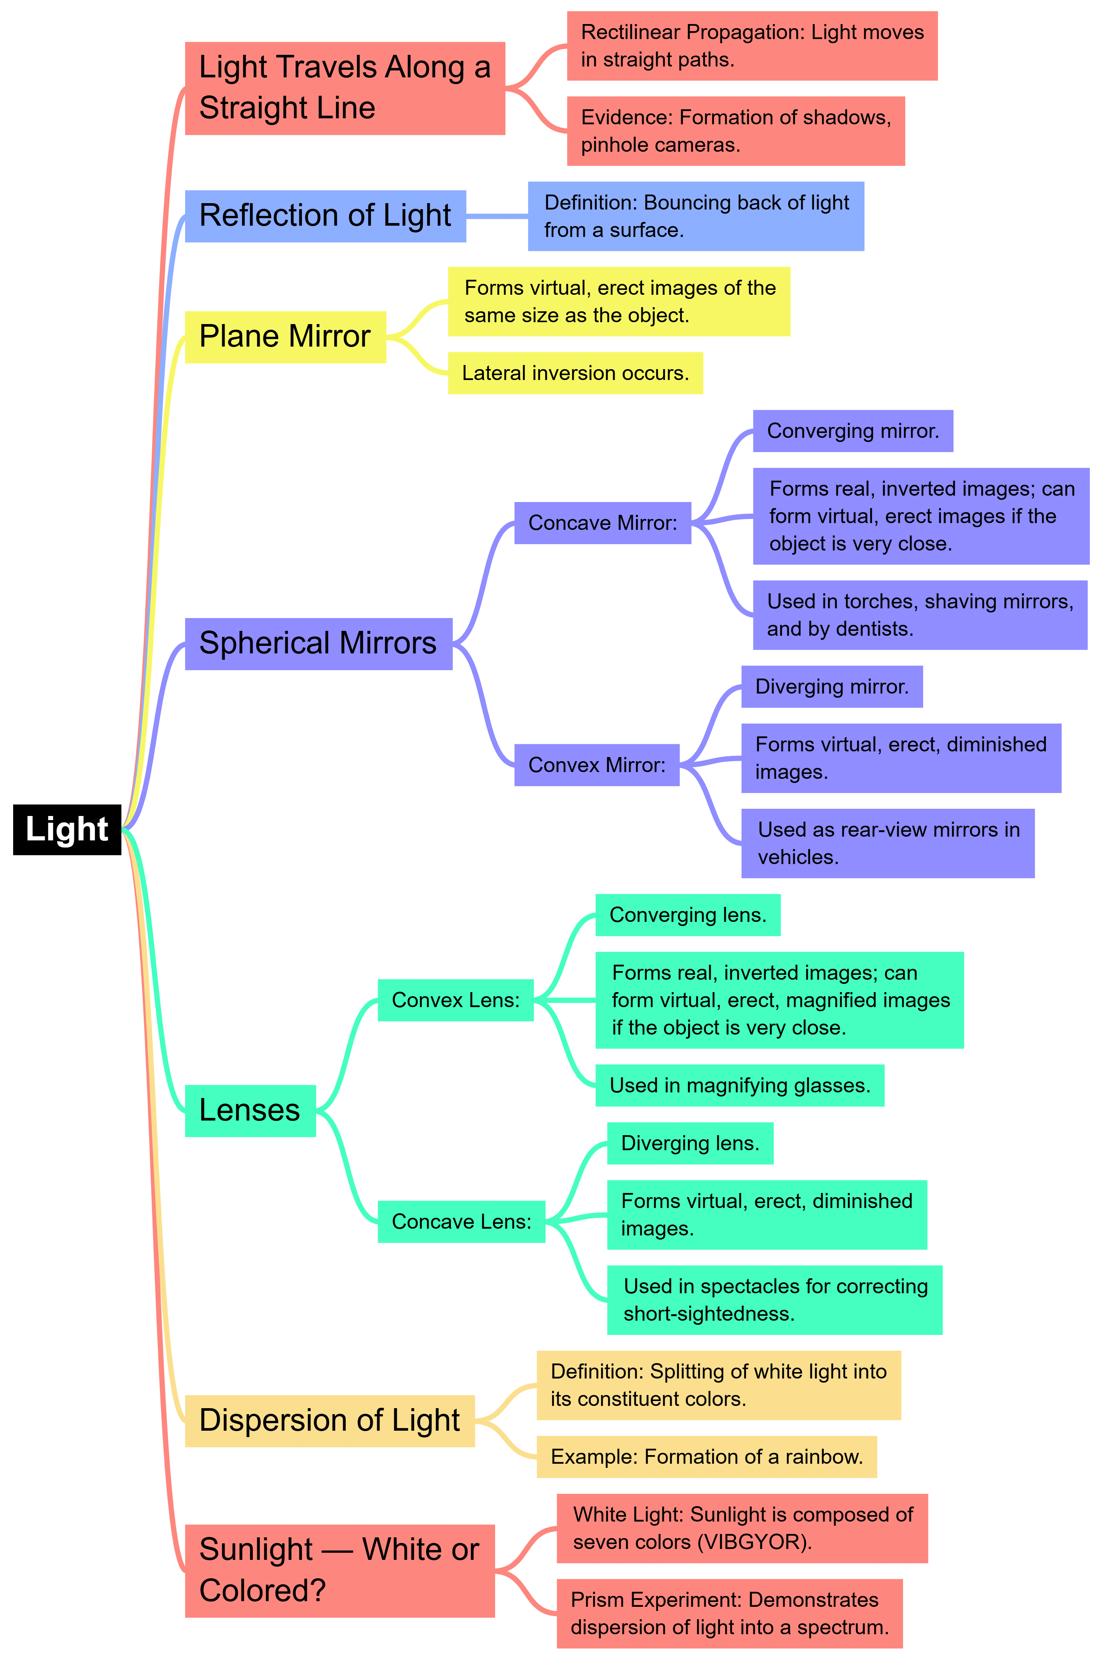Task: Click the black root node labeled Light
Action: (67, 829)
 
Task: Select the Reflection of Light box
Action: (325, 216)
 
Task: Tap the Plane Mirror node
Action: (285, 336)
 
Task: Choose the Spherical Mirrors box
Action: (318, 643)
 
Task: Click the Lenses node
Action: (250, 1110)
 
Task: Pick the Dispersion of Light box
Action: (329, 1420)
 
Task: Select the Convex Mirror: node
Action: (596, 765)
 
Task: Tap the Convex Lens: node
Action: (455, 1000)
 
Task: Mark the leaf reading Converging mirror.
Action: (852, 431)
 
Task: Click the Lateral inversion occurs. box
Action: (575, 373)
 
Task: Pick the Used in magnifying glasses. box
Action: (740, 1085)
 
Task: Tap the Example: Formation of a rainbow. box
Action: (706, 1457)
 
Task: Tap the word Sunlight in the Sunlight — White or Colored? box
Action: (256, 1549)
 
